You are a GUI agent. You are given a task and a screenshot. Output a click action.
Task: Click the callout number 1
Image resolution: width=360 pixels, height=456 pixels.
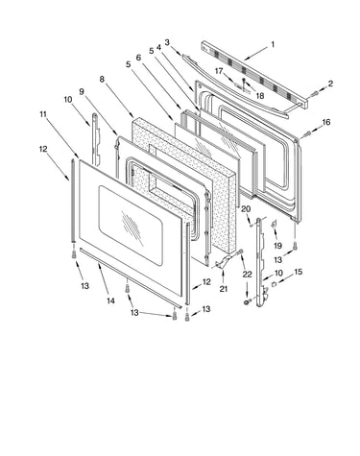coord(273,44)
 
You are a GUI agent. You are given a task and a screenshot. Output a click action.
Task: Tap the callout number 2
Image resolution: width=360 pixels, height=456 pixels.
coord(330,84)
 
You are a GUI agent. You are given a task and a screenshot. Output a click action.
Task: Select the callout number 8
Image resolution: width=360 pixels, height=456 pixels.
coord(102,79)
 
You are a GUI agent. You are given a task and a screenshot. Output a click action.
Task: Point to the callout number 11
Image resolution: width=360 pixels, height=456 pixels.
coord(43,114)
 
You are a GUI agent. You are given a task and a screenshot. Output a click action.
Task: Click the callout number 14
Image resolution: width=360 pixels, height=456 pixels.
coord(110,300)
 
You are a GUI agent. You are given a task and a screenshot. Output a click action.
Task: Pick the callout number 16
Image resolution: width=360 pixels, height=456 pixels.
coord(326,122)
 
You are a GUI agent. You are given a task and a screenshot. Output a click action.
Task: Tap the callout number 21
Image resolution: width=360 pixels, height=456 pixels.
coord(224,288)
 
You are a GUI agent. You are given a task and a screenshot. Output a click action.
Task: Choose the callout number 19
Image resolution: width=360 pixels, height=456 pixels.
coord(277,246)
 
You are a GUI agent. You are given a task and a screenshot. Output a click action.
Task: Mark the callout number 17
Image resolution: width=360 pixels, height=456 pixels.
coord(219,71)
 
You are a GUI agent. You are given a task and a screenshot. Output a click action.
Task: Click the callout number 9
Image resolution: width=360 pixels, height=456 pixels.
coord(82,92)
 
